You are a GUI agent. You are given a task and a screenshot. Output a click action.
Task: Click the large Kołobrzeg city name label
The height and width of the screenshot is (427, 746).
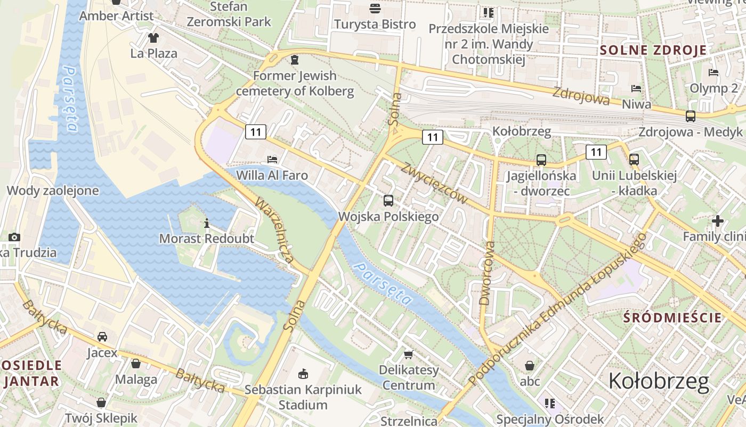coord(659,381)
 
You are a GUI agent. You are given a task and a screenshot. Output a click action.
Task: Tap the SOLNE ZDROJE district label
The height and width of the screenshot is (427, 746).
coord(653,50)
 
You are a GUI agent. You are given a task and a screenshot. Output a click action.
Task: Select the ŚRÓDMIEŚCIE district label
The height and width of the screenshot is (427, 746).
coord(672,318)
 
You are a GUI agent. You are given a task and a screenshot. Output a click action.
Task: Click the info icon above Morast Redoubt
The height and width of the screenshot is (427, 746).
coord(207,223)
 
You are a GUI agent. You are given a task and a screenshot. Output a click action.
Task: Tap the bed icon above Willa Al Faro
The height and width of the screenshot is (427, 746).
coord(272,159)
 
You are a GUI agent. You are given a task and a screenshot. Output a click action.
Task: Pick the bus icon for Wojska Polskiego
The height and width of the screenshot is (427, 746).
coord(388,201)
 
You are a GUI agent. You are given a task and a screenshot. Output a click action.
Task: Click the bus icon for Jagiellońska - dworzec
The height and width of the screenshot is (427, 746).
coord(541,160)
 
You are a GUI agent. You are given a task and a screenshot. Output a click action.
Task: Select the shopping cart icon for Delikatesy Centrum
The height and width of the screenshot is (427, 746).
coord(409,354)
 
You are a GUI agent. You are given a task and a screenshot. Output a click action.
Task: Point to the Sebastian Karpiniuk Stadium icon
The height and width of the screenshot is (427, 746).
coord(303,373)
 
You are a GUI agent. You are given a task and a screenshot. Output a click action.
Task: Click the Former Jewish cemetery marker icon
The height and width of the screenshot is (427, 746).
coord(295,59)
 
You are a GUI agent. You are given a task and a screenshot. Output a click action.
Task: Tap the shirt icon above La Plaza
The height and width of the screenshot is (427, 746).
coord(153,37)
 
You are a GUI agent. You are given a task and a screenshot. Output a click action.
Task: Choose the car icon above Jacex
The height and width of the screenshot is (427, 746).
coord(102,337)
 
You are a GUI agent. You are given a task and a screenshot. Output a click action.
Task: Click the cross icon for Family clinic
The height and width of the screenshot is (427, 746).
coord(717,220)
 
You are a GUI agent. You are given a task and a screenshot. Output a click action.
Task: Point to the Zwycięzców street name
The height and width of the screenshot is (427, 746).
coord(435,183)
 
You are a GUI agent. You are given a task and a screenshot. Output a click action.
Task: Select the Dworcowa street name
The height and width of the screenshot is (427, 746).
coord(487,273)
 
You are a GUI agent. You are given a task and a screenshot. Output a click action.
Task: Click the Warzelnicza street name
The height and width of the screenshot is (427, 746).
coord(274,230)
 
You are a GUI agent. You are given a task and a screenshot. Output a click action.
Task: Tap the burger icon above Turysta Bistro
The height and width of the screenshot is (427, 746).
coord(375,8)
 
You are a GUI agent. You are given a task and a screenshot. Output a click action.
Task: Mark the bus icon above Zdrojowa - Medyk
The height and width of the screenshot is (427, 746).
coord(691,116)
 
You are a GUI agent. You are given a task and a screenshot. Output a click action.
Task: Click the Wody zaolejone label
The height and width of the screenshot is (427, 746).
coord(53,191)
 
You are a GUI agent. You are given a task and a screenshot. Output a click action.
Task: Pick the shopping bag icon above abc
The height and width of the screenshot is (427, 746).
coord(530,366)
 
